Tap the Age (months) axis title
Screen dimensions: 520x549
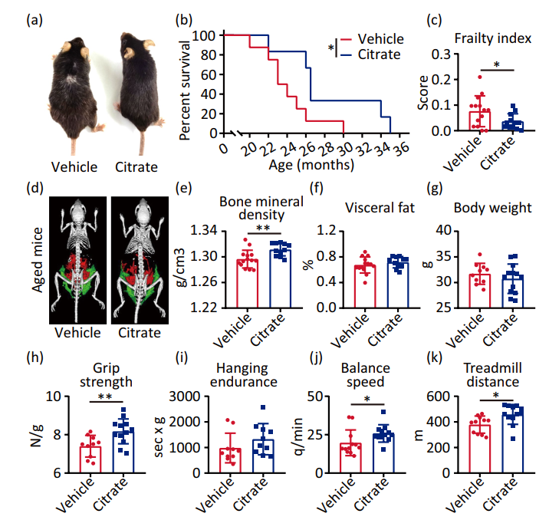pyautogui.click(x=311, y=163)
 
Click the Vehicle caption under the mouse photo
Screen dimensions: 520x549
pyautogui.click(x=74, y=166)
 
